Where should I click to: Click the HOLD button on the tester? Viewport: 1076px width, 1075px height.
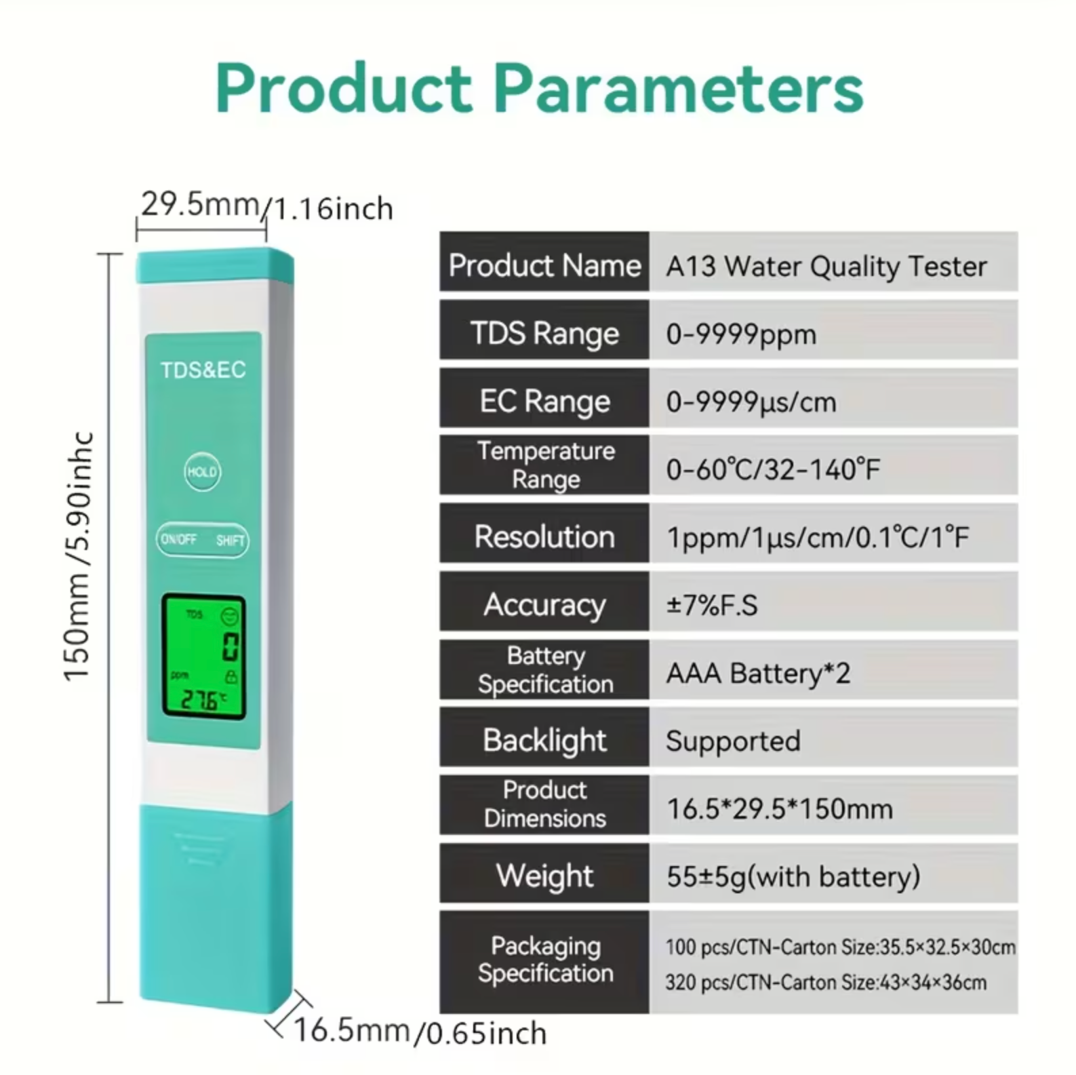coord(202,472)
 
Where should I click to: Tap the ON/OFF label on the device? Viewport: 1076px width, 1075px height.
coord(178,539)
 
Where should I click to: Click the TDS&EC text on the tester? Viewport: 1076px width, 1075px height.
coord(203,370)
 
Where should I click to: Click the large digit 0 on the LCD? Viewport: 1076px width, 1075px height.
coord(231,646)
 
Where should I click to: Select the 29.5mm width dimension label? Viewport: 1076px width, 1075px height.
coord(200,203)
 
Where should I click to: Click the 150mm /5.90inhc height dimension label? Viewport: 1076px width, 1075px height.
coord(77,556)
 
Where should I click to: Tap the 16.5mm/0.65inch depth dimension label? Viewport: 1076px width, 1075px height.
coord(420,1032)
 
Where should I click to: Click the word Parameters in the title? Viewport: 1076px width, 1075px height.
coord(678,90)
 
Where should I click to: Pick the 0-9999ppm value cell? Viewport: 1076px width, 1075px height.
coord(741,334)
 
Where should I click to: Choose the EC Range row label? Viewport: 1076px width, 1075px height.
coord(544,401)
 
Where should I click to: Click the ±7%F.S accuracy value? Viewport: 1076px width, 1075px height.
coord(712,605)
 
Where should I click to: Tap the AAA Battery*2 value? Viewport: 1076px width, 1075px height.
coord(758,673)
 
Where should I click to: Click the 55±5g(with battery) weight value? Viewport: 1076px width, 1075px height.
coord(793,876)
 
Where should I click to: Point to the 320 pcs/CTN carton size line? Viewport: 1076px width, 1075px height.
coord(826,982)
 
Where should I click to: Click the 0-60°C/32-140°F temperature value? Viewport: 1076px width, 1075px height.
coord(773,469)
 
